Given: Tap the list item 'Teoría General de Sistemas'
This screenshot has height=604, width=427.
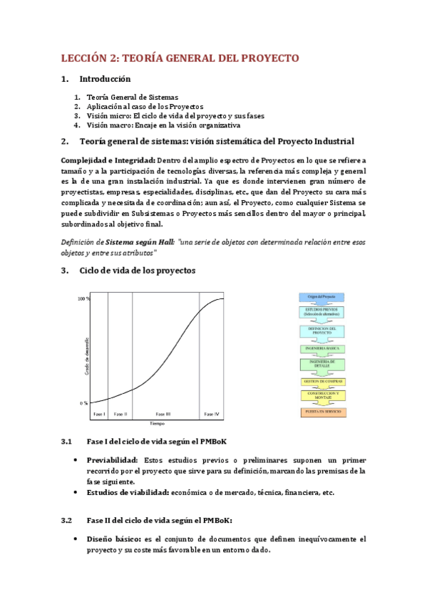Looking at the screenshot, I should coord(132,97).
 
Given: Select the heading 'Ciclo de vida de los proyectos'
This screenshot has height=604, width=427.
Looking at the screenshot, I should coord(137,270).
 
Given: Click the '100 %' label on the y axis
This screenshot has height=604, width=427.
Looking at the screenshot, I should coord(83,298).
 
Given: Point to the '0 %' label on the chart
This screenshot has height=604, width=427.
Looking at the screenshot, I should coord(84,403).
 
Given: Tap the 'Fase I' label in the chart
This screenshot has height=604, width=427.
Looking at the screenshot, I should coord(99,414).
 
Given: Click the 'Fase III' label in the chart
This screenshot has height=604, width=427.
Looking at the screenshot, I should coord(163,414).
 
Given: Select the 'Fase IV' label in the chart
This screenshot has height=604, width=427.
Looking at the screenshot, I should coord(212,414).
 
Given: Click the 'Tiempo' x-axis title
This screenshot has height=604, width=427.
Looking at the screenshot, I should coord(157,423).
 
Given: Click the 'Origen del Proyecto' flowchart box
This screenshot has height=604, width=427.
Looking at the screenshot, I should coord(322,296).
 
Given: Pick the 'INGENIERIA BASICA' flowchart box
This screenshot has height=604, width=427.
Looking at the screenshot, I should coord(322,348).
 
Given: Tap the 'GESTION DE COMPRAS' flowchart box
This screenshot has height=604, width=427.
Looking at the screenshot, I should coord(322,382).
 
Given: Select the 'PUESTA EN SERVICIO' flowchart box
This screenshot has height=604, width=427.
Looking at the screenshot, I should coord(322,412).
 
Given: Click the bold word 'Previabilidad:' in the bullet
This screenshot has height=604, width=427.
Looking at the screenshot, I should coord(113,460).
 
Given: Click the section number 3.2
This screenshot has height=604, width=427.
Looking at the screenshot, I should coord(67,520).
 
